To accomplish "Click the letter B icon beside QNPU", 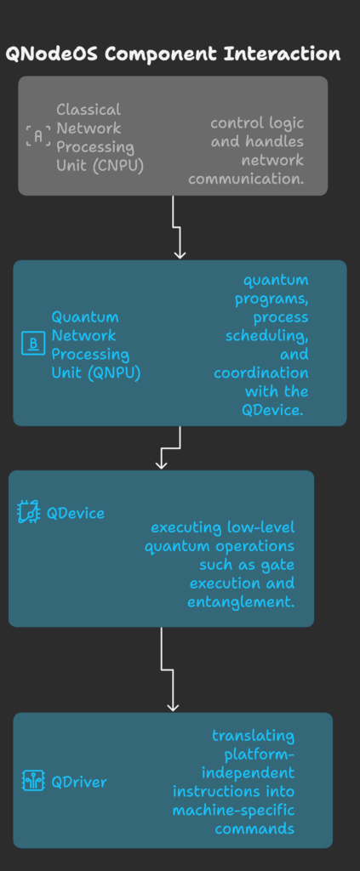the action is pos(33,344).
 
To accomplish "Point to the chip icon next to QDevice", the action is pos(29,512).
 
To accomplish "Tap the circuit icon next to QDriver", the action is pos(33,782).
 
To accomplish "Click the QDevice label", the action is pos(76,513).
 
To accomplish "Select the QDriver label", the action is pos(79,783).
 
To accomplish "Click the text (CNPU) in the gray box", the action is pos(119,166).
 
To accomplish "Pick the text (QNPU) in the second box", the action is pos(116,373).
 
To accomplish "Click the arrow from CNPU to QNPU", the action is pos(176,227).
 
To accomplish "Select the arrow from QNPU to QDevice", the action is pos(169,447).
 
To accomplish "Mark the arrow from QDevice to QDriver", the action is pos(167,669).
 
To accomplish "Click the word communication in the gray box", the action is pos(246,179).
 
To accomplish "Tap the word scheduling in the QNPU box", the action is pos(266,336).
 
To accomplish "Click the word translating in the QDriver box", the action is pos(254,737).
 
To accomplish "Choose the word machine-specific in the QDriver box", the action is pos(233,810).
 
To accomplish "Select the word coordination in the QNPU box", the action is pos(261,373).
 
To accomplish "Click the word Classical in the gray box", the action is pos(89,110).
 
